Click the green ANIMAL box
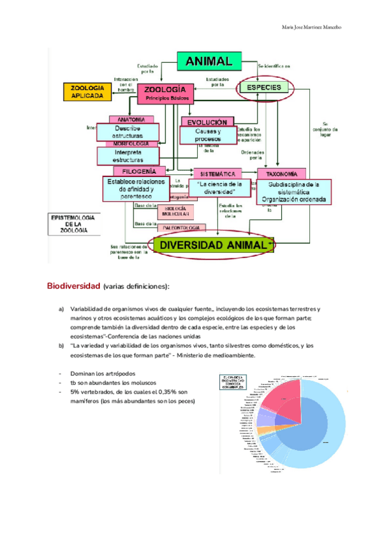coord(209,62)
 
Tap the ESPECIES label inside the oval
coord(263,88)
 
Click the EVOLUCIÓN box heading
coord(207,122)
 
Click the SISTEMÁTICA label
coord(217,174)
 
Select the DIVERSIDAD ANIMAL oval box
coord(213,245)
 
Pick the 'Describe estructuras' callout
coord(128,132)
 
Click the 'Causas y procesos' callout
coord(208,136)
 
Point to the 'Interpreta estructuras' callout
coord(128,156)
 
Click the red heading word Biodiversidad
coord(73,286)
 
